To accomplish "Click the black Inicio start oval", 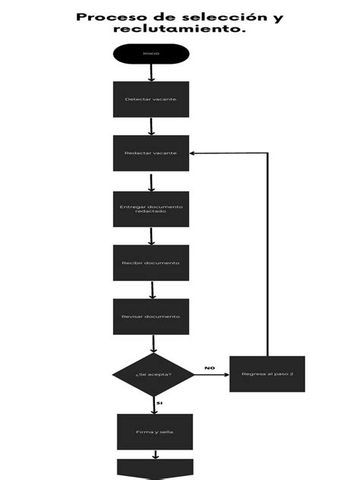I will pyautogui.click(x=151, y=54).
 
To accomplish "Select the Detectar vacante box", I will pyautogui.click(x=151, y=99).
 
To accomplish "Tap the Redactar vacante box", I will pyautogui.click(x=151, y=153).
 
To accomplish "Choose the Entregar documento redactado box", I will pyautogui.click(x=151, y=209).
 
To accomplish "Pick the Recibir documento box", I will pyautogui.click(x=151, y=263).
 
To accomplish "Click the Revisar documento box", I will pyautogui.click(x=151, y=316).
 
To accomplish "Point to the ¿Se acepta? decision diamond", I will pyautogui.click(x=153, y=374).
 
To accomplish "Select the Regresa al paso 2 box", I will pyautogui.click(x=267, y=374).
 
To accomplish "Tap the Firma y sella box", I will pyautogui.click(x=155, y=431).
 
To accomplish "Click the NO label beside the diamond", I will pyautogui.click(x=210, y=368).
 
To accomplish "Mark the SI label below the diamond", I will pyautogui.click(x=159, y=403).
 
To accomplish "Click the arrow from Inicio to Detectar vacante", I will pyautogui.click(x=151, y=73).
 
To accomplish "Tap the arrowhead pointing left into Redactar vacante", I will pyautogui.click(x=194, y=153).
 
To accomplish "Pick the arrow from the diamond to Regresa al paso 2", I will pyautogui.click(x=212, y=374).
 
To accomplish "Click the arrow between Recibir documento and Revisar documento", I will pyautogui.click(x=152, y=289).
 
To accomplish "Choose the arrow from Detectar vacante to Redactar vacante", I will pyautogui.click(x=151, y=126).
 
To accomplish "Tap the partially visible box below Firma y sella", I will pyautogui.click(x=155, y=469).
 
